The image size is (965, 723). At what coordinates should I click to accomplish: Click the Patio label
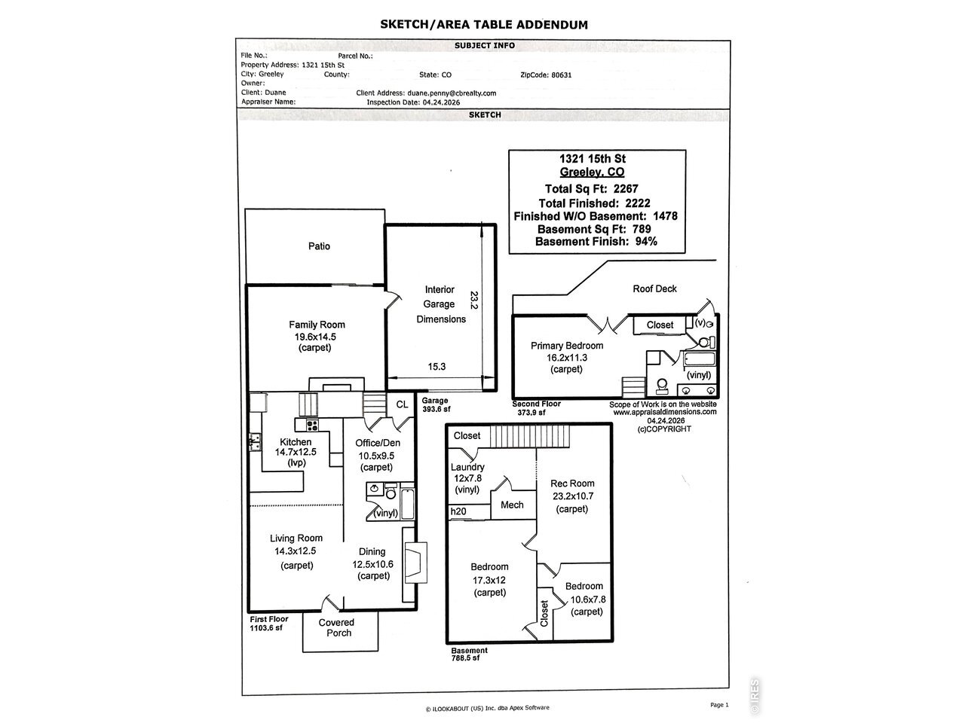[319, 246]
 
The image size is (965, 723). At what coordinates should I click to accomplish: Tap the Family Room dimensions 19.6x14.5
[315, 337]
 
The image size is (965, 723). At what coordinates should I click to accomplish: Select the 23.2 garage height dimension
[474, 300]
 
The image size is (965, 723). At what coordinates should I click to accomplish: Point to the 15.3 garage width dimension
[437, 367]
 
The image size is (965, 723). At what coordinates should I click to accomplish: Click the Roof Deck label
[654, 289]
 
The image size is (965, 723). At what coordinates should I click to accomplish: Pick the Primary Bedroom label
[567, 346]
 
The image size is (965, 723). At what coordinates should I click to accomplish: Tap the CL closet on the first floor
[403, 404]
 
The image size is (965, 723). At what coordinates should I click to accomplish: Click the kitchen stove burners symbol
[313, 425]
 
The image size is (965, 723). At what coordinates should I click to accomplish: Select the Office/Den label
[378, 443]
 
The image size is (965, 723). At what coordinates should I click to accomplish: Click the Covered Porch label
[337, 628]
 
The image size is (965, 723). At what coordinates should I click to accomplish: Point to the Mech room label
[512, 505]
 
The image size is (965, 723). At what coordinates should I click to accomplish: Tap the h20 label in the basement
[458, 511]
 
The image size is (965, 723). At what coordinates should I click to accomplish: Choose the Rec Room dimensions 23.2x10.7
[573, 496]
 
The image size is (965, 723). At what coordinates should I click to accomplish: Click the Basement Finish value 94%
[646, 242]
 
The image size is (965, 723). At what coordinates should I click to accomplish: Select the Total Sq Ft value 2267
[626, 189]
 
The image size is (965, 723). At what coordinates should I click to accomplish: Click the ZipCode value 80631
[562, 75]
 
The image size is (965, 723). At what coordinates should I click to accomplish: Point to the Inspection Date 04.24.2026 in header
[441, 102]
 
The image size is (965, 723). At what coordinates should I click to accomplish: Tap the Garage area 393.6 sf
[437, 409]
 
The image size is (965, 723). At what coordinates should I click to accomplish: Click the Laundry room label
[467, 467]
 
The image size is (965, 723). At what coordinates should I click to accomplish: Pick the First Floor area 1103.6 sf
[266, 628]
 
